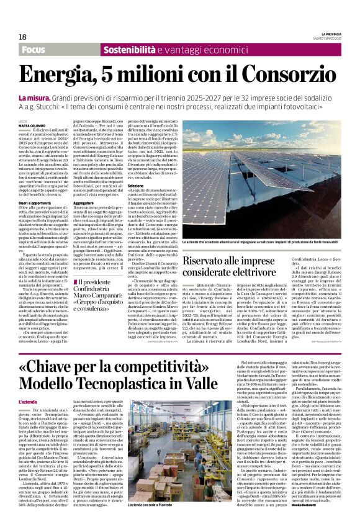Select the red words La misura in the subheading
[x=34, y=98]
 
